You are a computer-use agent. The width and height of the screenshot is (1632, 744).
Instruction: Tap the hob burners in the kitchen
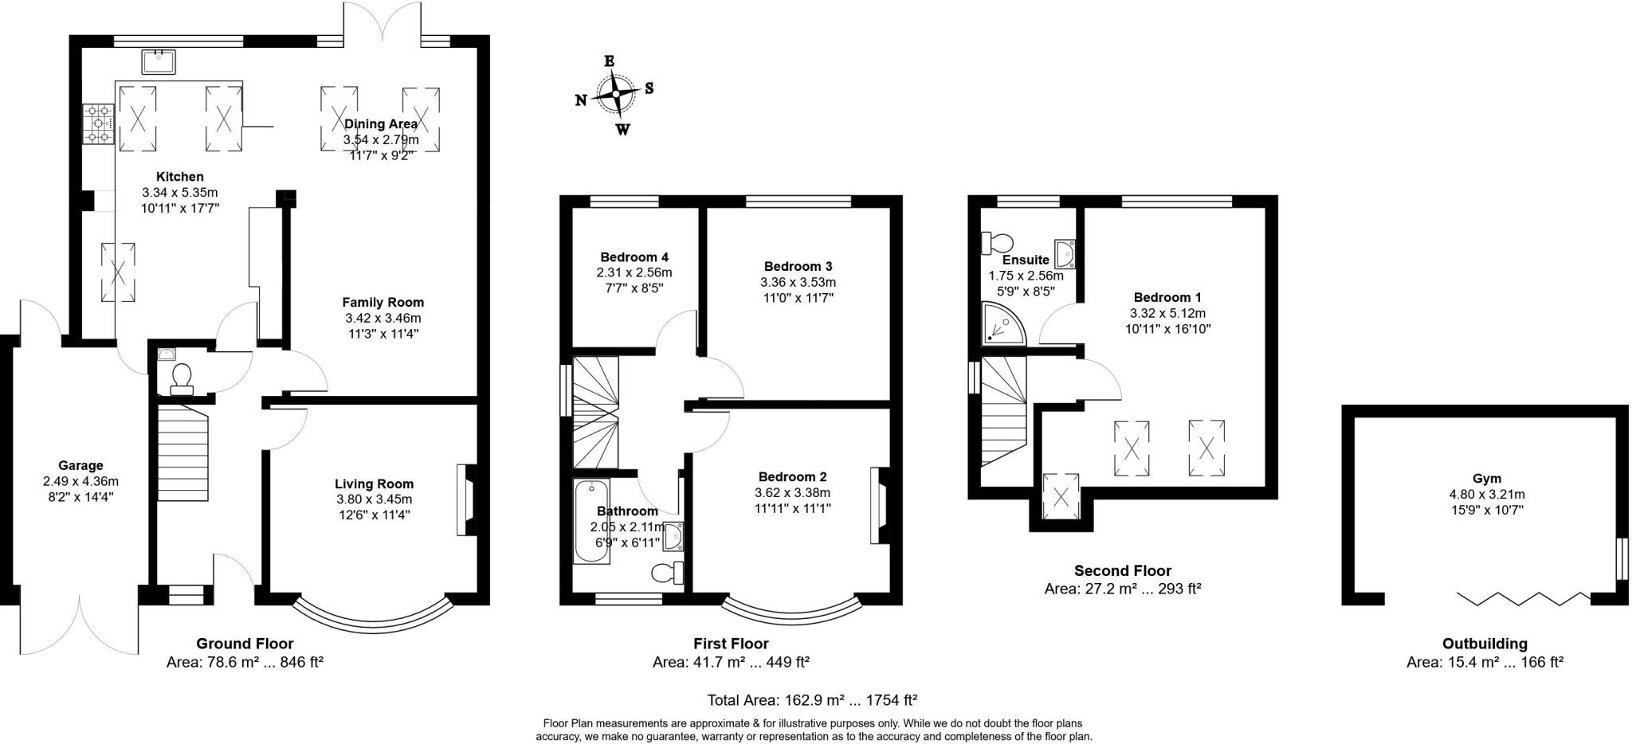click(x=99, y=124)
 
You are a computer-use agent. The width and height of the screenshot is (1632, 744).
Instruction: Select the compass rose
click(x=615, y=95)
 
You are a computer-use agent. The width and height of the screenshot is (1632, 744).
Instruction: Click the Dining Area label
click(x=380, y=123)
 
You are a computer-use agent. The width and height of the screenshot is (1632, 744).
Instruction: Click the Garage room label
click(x=80, y=465)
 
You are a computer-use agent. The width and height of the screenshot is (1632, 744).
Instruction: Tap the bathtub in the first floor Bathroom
click(x=591, y=520)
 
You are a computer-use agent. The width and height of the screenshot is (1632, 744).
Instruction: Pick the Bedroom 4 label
click(x=634, y=256)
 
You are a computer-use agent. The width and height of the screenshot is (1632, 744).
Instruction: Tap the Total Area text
click(x=812, y=700)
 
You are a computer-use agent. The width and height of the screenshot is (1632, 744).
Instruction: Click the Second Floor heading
click(x=1122, y=570)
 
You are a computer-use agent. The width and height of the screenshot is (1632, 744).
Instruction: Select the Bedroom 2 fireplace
click(x=880, y=504)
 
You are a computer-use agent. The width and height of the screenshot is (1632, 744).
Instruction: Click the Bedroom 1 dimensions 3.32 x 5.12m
click(x=1167, y=313)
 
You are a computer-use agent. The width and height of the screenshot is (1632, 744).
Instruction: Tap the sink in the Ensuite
click(x=1065, y=253)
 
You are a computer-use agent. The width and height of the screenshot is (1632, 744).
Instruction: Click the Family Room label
click(x=382, y=302)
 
